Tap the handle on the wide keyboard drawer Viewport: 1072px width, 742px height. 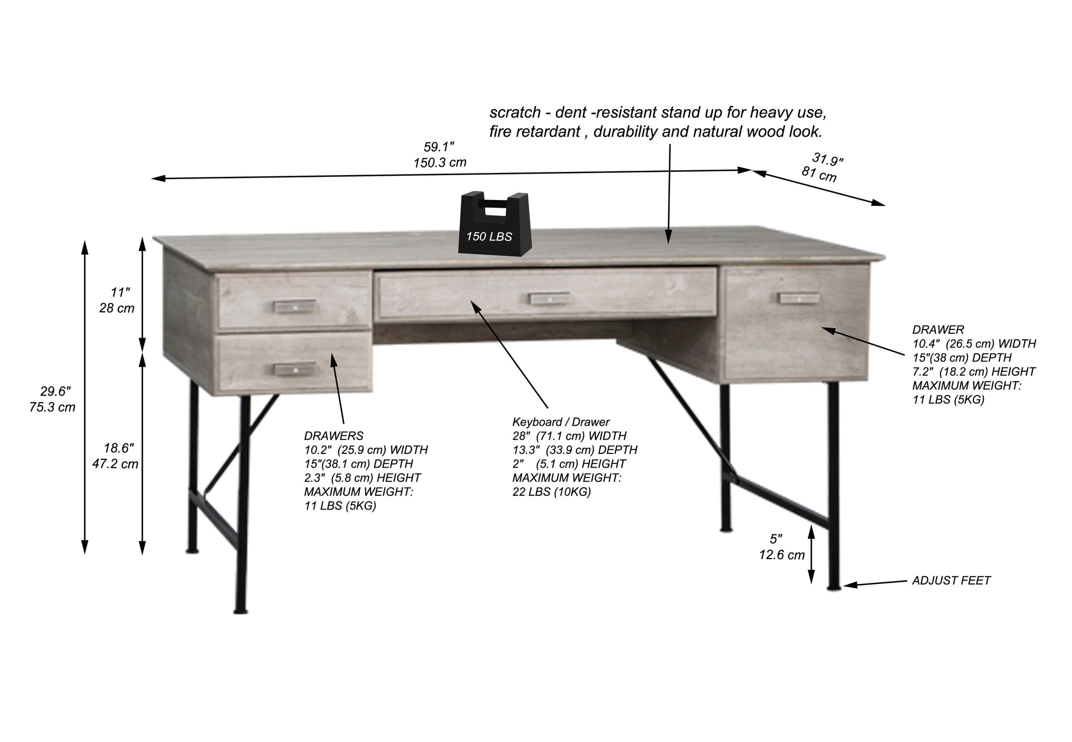click(x=548, y=298)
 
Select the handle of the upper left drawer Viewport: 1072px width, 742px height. click(x=295, y=305)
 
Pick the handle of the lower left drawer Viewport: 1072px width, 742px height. click(x=295, y=369)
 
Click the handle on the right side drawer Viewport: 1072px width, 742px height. click(x=799, y=297)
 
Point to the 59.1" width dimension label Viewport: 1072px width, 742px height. click(x=439, y=147)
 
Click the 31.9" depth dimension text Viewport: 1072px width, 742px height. click(x=827, y=160)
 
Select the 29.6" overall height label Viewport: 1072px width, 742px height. click(x=56, y=392)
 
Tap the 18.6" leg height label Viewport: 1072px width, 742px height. click(x=119, y=448)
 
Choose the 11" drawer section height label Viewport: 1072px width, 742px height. click(x=120, y=293)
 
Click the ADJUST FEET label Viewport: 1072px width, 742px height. click(x=951, y=581)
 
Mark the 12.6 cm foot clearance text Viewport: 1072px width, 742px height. click(x=782, y=555)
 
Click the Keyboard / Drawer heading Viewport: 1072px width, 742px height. click(x=561, y=423)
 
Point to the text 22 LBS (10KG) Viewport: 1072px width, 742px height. click(x=551, y=492)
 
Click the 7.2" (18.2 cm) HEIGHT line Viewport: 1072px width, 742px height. click(x=973, y=372)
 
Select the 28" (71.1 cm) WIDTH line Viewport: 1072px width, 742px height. click(x=569, y=436)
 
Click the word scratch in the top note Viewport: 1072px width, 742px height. click(x=515, y=113)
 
